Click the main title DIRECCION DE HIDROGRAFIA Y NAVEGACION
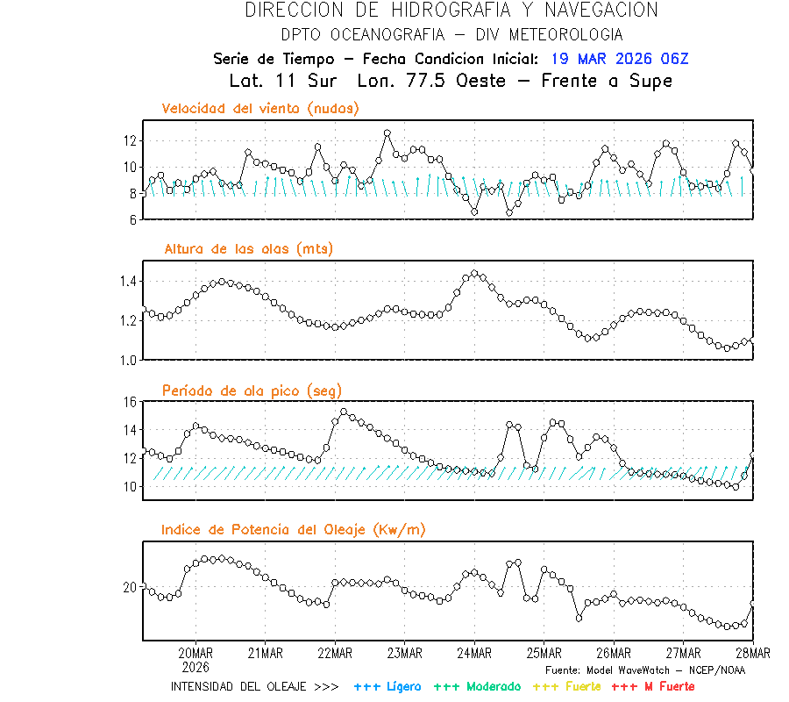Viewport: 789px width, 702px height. [x=451, y=11]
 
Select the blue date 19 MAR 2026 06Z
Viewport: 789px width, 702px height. [x=620, y=59]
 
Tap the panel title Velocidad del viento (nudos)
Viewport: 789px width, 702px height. [x=260, y=109]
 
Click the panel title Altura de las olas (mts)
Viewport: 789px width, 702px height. [x=248, y=249]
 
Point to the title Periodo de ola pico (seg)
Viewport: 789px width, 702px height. [x=252, y=390]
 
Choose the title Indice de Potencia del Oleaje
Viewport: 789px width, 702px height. [x=294, y=529]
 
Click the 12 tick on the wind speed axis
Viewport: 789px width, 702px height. [x=130, y=140]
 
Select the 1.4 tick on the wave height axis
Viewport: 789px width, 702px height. [x=126, y=281]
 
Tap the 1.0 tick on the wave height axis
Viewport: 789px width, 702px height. [x=126, y=360]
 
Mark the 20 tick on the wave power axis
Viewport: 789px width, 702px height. [x=130, y=586]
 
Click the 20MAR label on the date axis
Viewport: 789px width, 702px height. [x=195, y=653]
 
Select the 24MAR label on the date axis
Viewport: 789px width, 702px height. [x=474, y=653]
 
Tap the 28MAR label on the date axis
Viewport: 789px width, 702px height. [x=752, y=653]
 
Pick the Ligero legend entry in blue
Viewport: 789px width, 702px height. [x=387, y=686]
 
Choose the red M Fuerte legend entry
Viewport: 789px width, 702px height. [x=652, y=686]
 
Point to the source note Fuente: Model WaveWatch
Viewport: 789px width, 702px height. [x=644, y=670]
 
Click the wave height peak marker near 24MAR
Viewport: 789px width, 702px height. [x=475, y=274]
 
